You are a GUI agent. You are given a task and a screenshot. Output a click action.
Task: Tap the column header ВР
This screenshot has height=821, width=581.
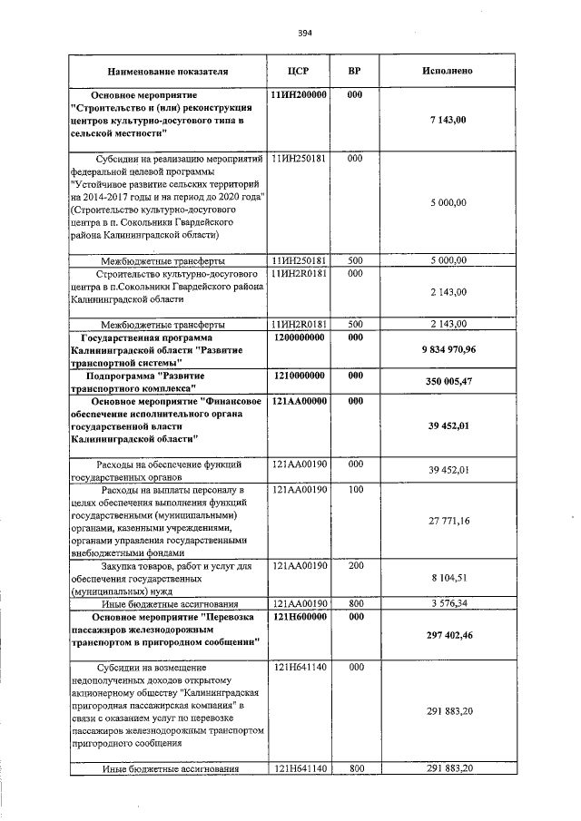click(x=355, y=70)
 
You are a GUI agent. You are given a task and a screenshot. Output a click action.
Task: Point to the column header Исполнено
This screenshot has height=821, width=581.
click(x=447, y=70)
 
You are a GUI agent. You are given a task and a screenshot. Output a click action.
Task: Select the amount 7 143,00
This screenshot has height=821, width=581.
click(x=448, y=120)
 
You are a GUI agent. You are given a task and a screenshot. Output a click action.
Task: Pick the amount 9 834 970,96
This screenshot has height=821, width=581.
click(x=448, y=349)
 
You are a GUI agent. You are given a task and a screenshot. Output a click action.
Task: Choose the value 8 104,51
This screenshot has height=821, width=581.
click(x=448, y=576)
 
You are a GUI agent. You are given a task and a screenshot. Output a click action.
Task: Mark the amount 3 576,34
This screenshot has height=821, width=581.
click(x=448, y=602)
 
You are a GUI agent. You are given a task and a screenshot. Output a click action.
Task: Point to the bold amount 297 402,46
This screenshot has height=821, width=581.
click(x=448, y=636)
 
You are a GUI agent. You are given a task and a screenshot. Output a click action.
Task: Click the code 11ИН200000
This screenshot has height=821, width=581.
click(x=299, y=94)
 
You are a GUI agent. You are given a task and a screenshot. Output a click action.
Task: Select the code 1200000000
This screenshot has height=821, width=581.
click(x=299, y=337)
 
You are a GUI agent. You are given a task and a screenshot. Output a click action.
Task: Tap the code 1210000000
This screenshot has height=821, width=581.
click(x=299, y=375)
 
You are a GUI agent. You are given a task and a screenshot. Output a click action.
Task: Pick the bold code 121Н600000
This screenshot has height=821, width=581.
click(x=299, y=616)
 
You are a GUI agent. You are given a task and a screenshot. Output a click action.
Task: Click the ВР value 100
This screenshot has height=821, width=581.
click(x=355, y=490)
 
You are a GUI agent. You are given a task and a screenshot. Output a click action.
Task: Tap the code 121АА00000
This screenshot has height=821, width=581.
click(x=299, y=400)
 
